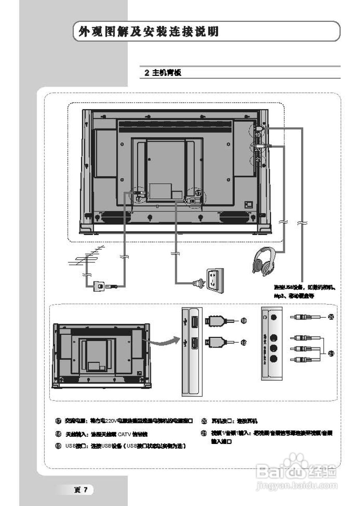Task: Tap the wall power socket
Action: (214, 280)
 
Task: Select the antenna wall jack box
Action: (99, 286)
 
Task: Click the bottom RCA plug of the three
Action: (303, 359)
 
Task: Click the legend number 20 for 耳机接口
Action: (204, 421)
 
